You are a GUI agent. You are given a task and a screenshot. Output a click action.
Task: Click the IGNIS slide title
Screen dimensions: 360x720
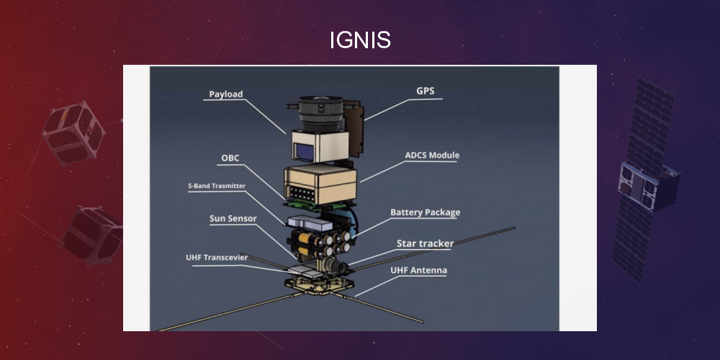click(x=360, y=40)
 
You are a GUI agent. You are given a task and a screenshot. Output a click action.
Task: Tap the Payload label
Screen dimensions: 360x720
click(x=226, y=94)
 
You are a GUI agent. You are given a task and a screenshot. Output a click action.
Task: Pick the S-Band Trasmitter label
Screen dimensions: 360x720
click(x=217, y=186)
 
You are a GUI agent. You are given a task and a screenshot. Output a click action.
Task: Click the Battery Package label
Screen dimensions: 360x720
click(x=425, y=212)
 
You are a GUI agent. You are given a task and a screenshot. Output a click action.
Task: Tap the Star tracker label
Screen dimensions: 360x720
click(x=425, y=243)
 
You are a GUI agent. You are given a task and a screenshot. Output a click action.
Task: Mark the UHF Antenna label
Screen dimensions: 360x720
click(x=418, y=271)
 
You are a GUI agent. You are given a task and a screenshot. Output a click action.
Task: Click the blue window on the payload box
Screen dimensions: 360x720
click(x=304, y=151)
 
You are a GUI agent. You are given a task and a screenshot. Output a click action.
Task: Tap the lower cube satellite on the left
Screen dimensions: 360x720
click(x=92, y=234)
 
